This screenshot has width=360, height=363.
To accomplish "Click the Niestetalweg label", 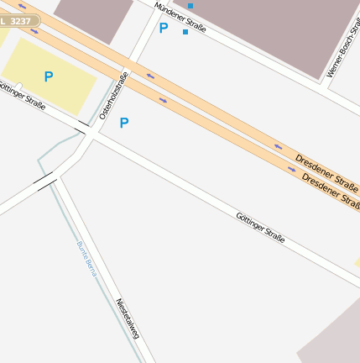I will [x=128, y=318].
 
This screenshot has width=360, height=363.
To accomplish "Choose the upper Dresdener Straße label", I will [x=326, y=167].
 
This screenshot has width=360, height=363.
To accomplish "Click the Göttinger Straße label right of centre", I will [x=260, y=229].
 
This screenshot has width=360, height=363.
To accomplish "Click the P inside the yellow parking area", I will [x=48, y=76].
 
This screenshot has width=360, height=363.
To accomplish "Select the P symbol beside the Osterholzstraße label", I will [x=124, y=123].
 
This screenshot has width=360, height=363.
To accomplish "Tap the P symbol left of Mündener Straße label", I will [x=163, y=28].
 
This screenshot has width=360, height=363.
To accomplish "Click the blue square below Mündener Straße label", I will [x=185, y=32].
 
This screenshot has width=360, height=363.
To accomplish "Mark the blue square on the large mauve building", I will [x=190, y=6].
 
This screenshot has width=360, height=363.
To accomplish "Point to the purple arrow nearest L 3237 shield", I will [x=23, y=8].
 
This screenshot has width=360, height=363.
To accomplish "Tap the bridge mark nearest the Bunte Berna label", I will [x=45, y=180].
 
